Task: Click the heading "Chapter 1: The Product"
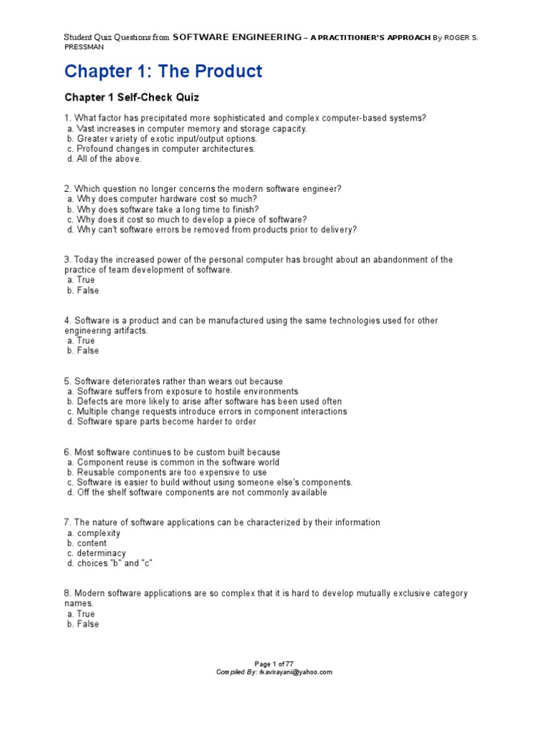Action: coord(163,71)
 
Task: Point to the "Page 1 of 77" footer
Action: coord(273,663)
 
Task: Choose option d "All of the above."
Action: coord(105,159)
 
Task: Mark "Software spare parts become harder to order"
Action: coord(166,421)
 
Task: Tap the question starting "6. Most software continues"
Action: coord(172,452)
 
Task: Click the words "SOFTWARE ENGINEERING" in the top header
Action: coord(237,37)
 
